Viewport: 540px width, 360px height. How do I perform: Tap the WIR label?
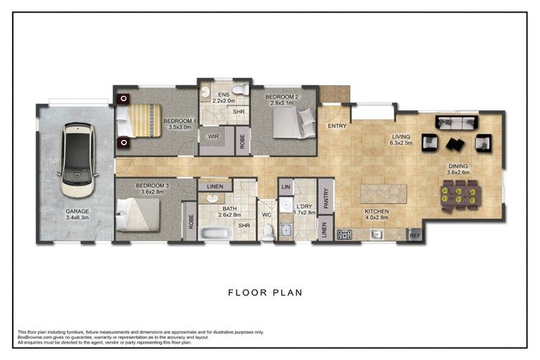pos(214,138)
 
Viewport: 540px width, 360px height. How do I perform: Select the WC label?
pos(266,214)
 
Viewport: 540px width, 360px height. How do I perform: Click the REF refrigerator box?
pos(415,235)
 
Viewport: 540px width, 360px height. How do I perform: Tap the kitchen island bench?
pos(384,193)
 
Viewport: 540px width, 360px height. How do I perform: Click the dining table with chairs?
pos(461,193)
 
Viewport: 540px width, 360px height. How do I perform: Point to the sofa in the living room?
pos(455,123)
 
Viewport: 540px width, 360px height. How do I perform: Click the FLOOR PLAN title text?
pos(266,292)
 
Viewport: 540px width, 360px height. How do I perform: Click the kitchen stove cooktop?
pos(345,235)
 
